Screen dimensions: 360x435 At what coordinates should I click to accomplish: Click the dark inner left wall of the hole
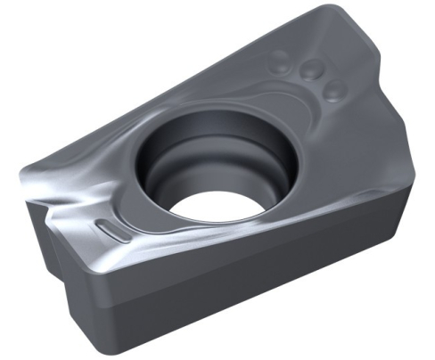point(160,169)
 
